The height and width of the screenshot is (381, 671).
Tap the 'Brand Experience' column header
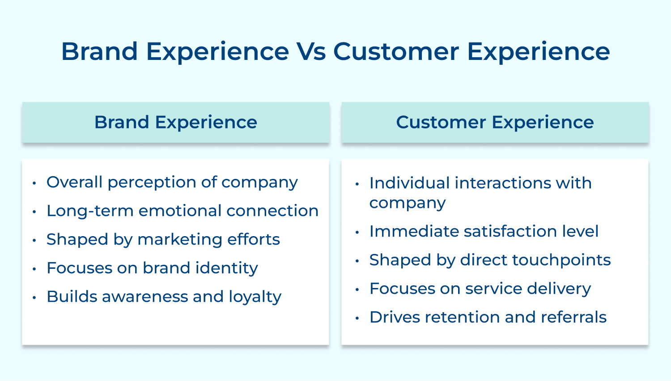(176, 122)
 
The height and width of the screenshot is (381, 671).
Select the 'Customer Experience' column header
(495, 122)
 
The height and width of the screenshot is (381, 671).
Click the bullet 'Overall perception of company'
(172, 182)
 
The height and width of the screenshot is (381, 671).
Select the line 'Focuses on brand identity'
(152, 268)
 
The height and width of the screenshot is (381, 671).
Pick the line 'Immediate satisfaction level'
(484, 231)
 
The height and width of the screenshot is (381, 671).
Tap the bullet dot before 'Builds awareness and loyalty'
(34, 297)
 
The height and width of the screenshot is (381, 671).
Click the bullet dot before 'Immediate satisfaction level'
(357, 232)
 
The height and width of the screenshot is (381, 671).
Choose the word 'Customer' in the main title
(396, 51)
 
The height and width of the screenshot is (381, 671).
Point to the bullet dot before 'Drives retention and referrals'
(357, 318)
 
